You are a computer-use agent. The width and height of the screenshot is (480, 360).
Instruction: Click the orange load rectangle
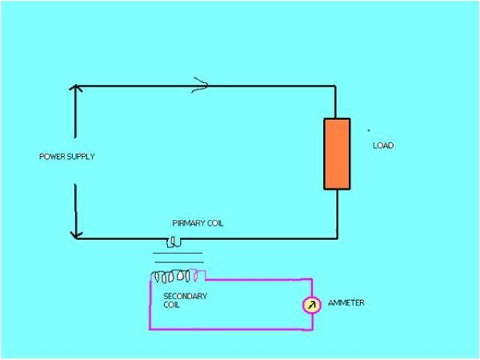(337, 153)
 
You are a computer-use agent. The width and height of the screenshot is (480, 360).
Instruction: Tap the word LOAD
(383, 145)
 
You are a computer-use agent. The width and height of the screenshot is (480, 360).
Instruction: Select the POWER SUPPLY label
(67, 157)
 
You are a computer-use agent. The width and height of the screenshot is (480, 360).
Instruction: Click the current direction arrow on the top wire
(200, 85)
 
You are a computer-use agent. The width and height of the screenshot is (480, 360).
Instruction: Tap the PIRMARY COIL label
(198, 223)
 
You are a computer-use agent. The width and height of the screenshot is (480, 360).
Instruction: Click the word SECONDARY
(185, 296)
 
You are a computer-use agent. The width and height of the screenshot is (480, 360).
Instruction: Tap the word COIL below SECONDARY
(172, 305)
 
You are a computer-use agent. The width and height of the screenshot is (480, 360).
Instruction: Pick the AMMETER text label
(346, 303)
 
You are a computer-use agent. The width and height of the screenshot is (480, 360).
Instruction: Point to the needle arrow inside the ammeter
(312, 304)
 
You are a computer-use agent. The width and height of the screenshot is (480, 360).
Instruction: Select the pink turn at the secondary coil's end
(198, 274)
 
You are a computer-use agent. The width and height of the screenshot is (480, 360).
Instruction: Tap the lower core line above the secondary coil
(178, 262)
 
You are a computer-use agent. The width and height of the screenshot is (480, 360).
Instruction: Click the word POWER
(51, 157)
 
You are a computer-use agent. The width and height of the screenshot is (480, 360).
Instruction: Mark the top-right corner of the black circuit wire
(337, 85)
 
